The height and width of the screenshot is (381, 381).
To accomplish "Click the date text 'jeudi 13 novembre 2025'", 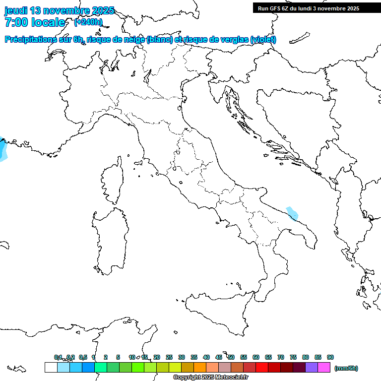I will tap(59, 10).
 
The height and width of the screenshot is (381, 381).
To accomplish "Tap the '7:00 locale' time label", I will tap(35, 22).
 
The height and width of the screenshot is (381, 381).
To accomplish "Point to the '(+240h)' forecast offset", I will tap(88, 22).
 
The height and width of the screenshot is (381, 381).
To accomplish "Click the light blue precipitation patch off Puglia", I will tap(292, 213).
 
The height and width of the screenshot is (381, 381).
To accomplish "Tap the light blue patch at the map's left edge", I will tap(2, 150).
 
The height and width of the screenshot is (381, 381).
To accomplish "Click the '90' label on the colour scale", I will tap(330, 357).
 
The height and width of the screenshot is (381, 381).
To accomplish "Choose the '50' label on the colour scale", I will tap(231, 357).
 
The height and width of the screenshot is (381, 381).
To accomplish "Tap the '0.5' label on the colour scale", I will tap(83, 357).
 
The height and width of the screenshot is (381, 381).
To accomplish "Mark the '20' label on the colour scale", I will tap(157, 357).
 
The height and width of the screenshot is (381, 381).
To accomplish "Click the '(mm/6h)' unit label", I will tap(346, 368).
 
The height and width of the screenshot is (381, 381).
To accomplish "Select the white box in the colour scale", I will tap(51, 368).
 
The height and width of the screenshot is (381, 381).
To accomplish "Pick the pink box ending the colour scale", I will tap(324, 368).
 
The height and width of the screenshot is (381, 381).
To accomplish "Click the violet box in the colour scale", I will tap(312, 368).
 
